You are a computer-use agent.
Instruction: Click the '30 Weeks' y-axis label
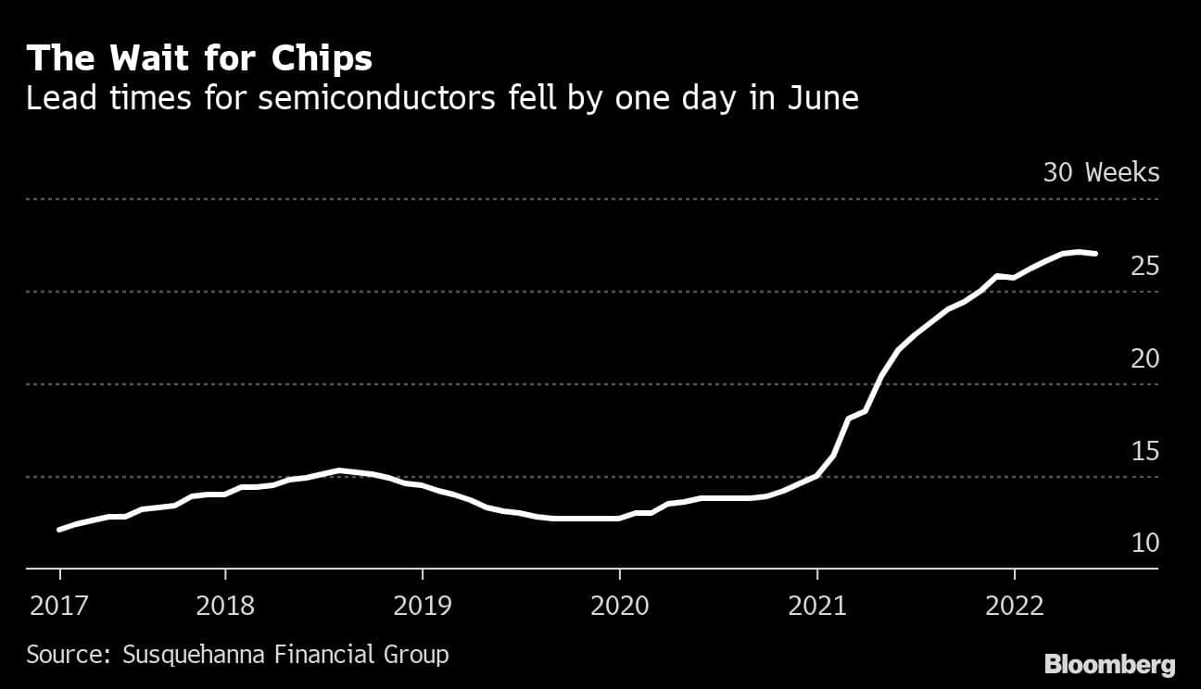1101,172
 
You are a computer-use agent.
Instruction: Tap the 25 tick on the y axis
1144,267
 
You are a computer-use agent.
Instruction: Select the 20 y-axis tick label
1144,358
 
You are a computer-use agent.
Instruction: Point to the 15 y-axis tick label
1144,451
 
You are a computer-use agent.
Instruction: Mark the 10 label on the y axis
1144,543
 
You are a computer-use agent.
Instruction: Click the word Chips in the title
322,59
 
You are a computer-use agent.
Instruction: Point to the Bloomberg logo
1109,664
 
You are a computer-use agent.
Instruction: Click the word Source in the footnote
69,655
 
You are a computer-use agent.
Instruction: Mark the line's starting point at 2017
60,530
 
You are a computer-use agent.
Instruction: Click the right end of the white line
1096,253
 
